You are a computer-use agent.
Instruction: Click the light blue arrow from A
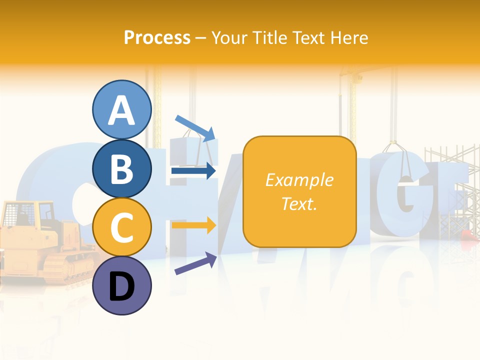click(x=195, y=127)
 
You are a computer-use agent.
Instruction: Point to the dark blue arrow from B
click(x=193, y=171)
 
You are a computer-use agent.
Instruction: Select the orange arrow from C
click(x=193, y=225)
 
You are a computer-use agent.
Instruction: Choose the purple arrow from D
click(x=195, y=263)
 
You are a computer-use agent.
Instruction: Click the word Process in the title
click(x=157, y=37)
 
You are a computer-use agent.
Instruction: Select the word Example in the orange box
click(x=299, y=180)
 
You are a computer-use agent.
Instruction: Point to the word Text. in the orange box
click(x=299, y=203)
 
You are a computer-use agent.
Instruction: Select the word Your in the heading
click(x=229, y=37)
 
